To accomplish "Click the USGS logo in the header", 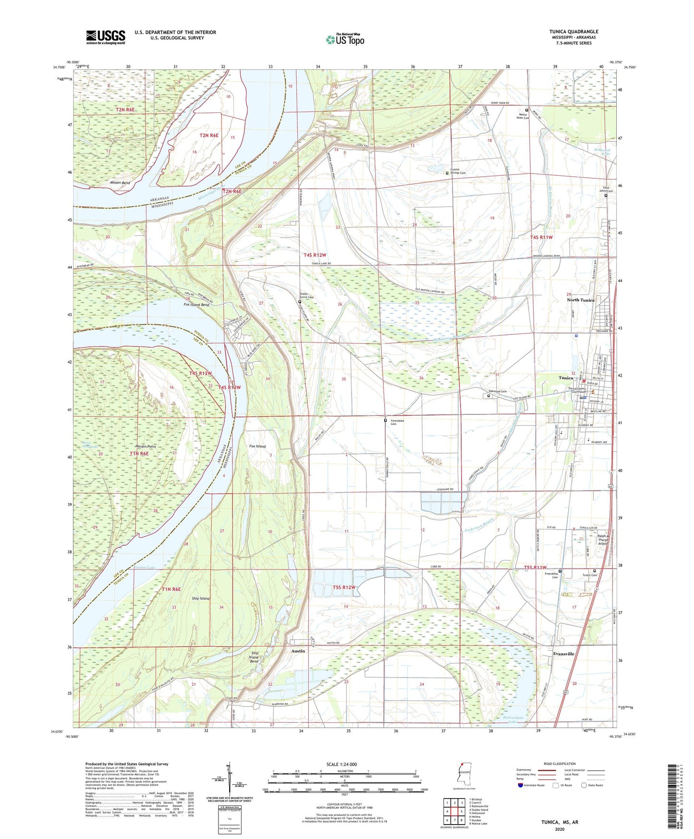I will click(106, 37).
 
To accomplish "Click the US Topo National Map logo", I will click(344, 39).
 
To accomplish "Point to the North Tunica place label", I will click(580, 300).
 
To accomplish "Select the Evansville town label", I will click(563, 654).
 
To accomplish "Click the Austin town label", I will click(298, 651).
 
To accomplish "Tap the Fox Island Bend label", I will click(196, 305).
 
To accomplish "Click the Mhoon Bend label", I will click(120, 183).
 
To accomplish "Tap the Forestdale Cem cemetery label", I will click(397, 422).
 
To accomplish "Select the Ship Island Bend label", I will click(254, 657).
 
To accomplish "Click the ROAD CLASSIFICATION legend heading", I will click(560, 764).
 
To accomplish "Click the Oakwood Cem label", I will click(497, 392).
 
